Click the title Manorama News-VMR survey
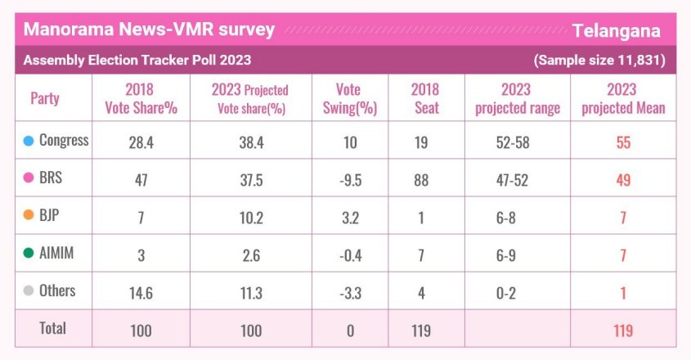[149, 30]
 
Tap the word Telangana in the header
[616, 31]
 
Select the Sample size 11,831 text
[599, 61]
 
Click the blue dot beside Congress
[29, 141]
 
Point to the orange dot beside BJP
[29, 217]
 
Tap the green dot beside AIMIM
[29, 254]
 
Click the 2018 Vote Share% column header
[141, 99]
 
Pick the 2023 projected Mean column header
[623, 99]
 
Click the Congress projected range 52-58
[516, 142]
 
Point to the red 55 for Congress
[623, 142]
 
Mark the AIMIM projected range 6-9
[516, 255]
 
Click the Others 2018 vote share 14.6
[141, 293]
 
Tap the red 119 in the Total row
[623, 331]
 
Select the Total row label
[53, 329]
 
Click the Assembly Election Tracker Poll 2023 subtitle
[137, 61]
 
